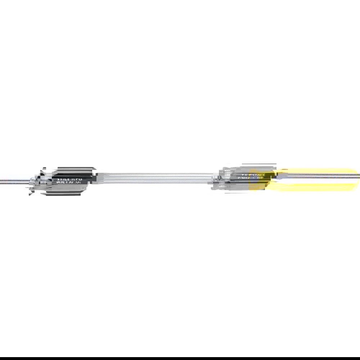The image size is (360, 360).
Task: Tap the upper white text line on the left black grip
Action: (x=69, y=179)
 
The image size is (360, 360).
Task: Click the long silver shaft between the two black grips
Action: (x=155, y=177)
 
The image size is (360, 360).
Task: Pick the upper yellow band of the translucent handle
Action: (x=317, y=170)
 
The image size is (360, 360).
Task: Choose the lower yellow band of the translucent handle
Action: (x=317, y=187)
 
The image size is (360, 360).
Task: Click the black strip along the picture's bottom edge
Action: (x=180, y=359)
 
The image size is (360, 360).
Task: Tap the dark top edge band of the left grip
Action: (x=74, y=168)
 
